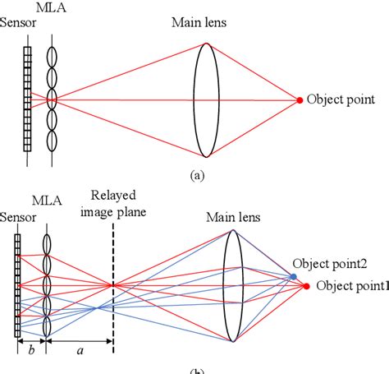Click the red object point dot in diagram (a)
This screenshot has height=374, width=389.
pos(300,100)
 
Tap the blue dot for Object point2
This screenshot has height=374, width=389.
pos(294,277)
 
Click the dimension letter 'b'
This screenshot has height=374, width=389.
pos(31,349)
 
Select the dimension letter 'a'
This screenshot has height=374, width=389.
pos(79,349)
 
